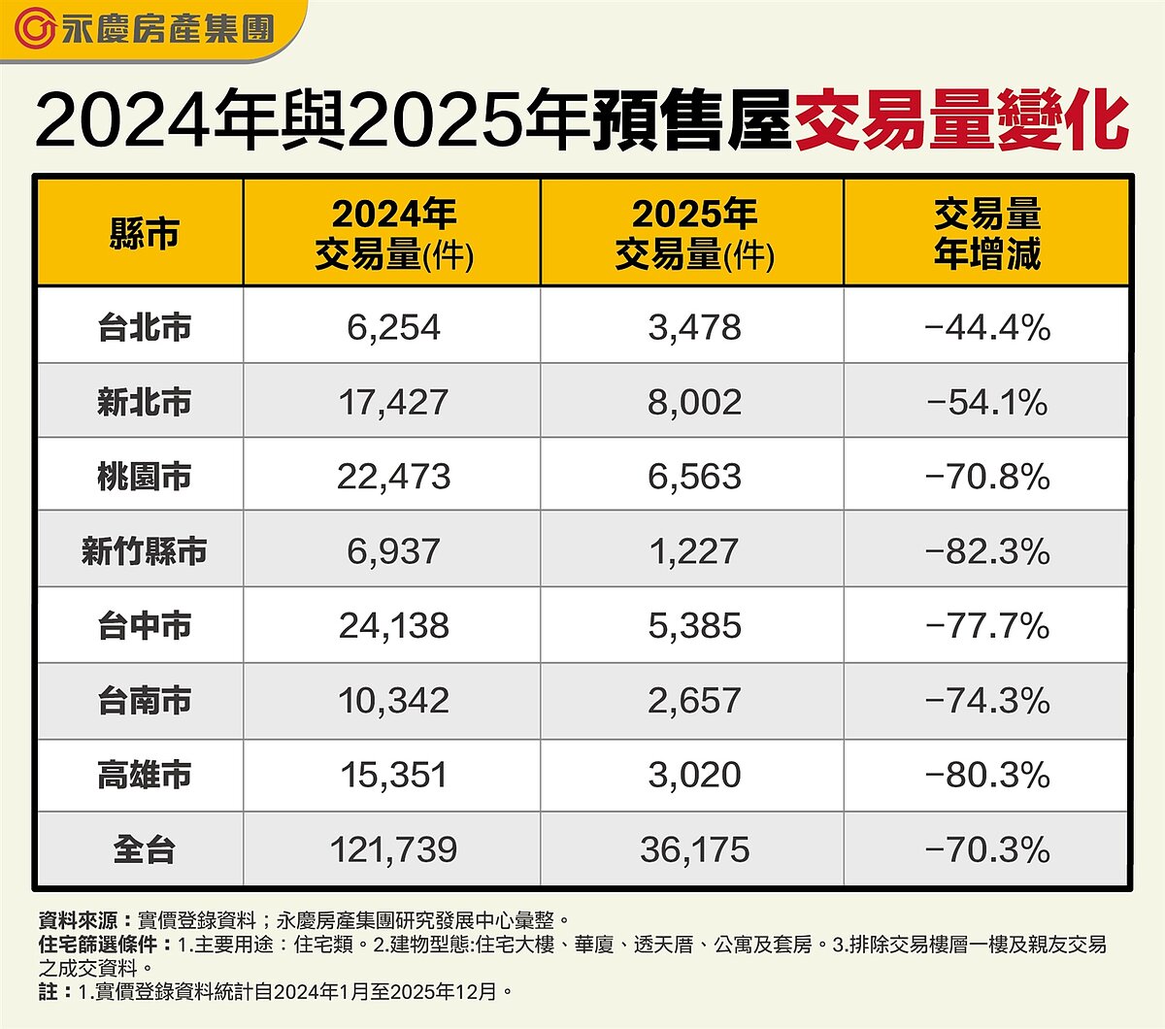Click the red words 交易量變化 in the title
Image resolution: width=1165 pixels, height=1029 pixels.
tap(961, 120)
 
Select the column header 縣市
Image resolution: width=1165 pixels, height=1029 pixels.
tap(144, 234)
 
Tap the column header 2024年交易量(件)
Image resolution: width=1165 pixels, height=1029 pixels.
tap(393, 234)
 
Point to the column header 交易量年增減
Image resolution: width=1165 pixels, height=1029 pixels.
tap(986, 234)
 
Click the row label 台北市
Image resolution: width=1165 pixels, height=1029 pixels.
tap(144, 327)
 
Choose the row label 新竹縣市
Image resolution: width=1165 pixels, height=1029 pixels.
tap(144, 551)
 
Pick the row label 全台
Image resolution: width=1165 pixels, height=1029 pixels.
tap(144, 849)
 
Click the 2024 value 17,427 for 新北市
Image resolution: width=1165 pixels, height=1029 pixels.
tap(393, 402)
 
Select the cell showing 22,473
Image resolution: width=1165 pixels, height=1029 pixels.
tap(393, 477)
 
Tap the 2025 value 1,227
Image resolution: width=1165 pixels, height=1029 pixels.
tap(694, 551)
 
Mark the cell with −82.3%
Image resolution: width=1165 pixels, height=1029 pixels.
tap(987, 551)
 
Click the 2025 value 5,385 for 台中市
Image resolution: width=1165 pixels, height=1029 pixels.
tap(694, 626)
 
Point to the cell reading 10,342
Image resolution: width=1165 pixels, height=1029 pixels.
tap(393, 700)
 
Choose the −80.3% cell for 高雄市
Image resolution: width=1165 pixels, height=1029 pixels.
tap(987, 775)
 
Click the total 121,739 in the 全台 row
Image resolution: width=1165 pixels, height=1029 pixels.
tap(393, 849)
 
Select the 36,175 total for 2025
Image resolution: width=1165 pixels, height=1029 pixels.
tap(694, 849)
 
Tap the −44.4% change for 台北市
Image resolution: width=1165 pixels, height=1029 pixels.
tap(987, 327)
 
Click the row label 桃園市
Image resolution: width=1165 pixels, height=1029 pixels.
tap(144, 477)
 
